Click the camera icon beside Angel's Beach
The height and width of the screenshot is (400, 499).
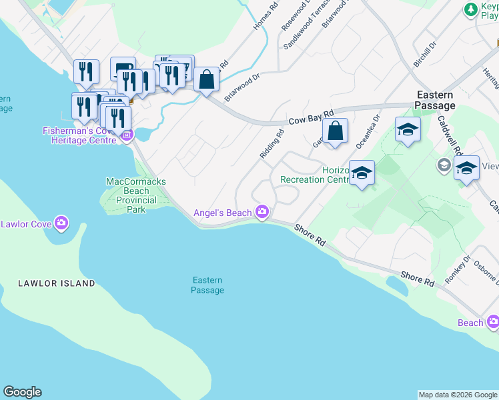[x=263, y=213]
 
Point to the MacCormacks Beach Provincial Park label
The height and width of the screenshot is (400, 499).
[x=136, y=195]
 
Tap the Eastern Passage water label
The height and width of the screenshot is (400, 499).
[x=207, y=285]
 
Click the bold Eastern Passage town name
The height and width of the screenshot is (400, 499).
[x=435, y=100]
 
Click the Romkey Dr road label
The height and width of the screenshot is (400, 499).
[x=458, y=269]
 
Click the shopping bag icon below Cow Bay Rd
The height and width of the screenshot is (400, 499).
[x=336, y=131]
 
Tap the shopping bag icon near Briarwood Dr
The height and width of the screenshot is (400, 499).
[x=207, y=79]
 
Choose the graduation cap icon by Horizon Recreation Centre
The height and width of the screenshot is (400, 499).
[x=362, y=173]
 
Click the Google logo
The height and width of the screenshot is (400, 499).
[x=22, y=392]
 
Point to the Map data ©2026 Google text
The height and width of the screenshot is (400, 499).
[x=458, y=395]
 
